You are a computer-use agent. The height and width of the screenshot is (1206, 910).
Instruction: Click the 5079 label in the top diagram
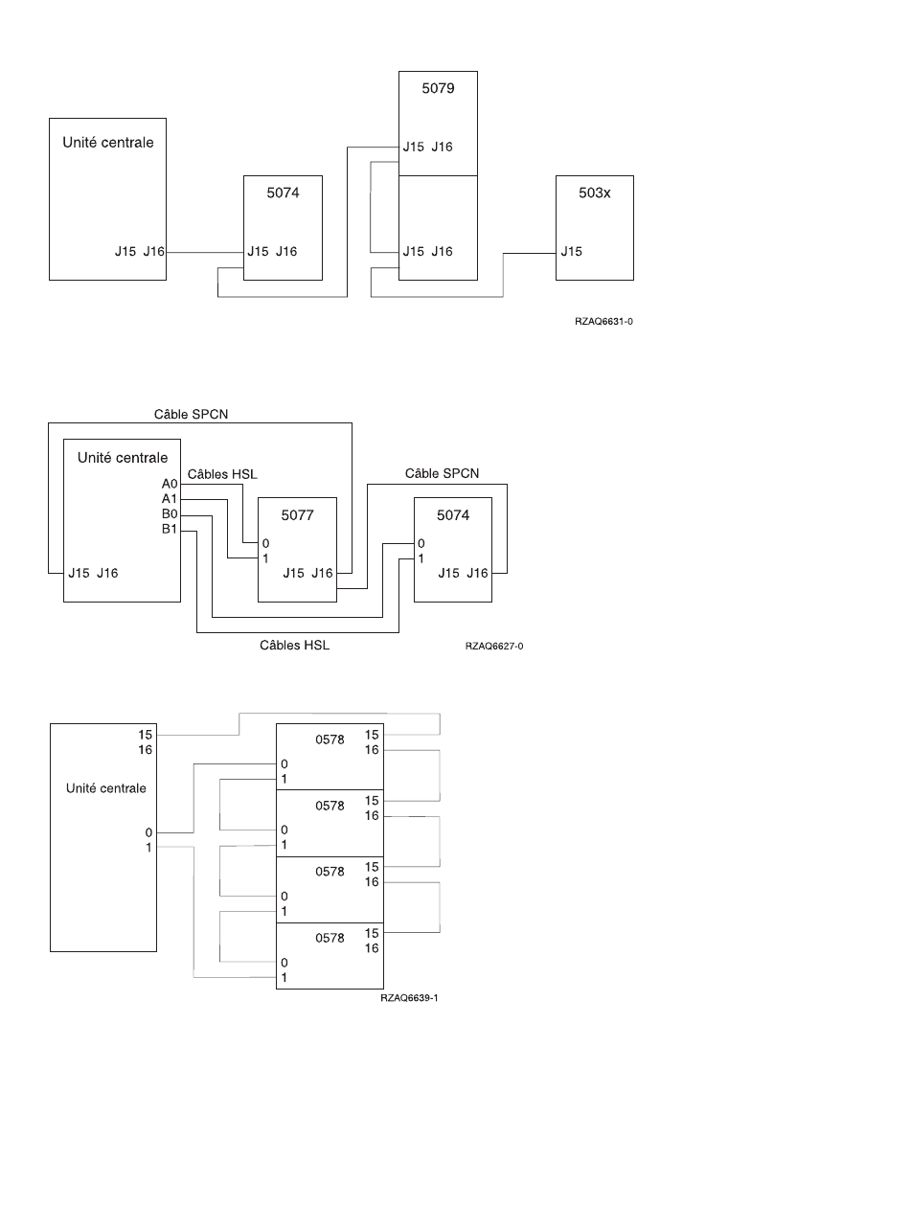click(x=438, y=88)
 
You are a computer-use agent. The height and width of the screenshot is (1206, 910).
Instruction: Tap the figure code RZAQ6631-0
click(x=603, y=321)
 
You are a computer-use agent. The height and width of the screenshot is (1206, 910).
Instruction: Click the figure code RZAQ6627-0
click(x=493, y=646)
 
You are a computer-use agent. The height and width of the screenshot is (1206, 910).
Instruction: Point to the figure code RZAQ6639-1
click(x=409, y=997)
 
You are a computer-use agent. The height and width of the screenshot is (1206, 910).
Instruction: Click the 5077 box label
click(x=297, y=515)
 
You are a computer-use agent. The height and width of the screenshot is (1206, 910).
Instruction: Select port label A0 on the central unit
click(x=170, y=485)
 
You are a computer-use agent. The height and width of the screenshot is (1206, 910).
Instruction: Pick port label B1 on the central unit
click(x=170, y=529)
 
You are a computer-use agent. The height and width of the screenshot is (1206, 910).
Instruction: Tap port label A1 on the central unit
click(x=170, y=499)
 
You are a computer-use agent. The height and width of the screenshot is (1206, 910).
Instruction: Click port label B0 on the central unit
click(x=170, y=514)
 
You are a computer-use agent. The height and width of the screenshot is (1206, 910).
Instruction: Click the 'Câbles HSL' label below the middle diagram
click(x=294, y=646)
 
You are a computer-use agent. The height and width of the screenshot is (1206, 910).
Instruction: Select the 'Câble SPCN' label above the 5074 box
click(x=442, y=473)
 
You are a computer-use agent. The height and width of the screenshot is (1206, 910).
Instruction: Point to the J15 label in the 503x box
click(x=571, y=252)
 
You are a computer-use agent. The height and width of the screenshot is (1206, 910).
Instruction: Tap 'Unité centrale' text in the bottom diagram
click(x=106, y=788)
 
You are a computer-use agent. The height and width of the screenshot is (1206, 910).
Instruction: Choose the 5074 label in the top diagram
click(x=283, y=193)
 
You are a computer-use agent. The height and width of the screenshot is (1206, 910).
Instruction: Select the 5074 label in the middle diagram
click(x=453, y=515)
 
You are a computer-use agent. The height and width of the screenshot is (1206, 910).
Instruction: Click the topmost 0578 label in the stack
click(x=330, y=740)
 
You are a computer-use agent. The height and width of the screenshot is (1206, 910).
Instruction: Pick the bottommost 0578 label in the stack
click(x=330, y=939)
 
